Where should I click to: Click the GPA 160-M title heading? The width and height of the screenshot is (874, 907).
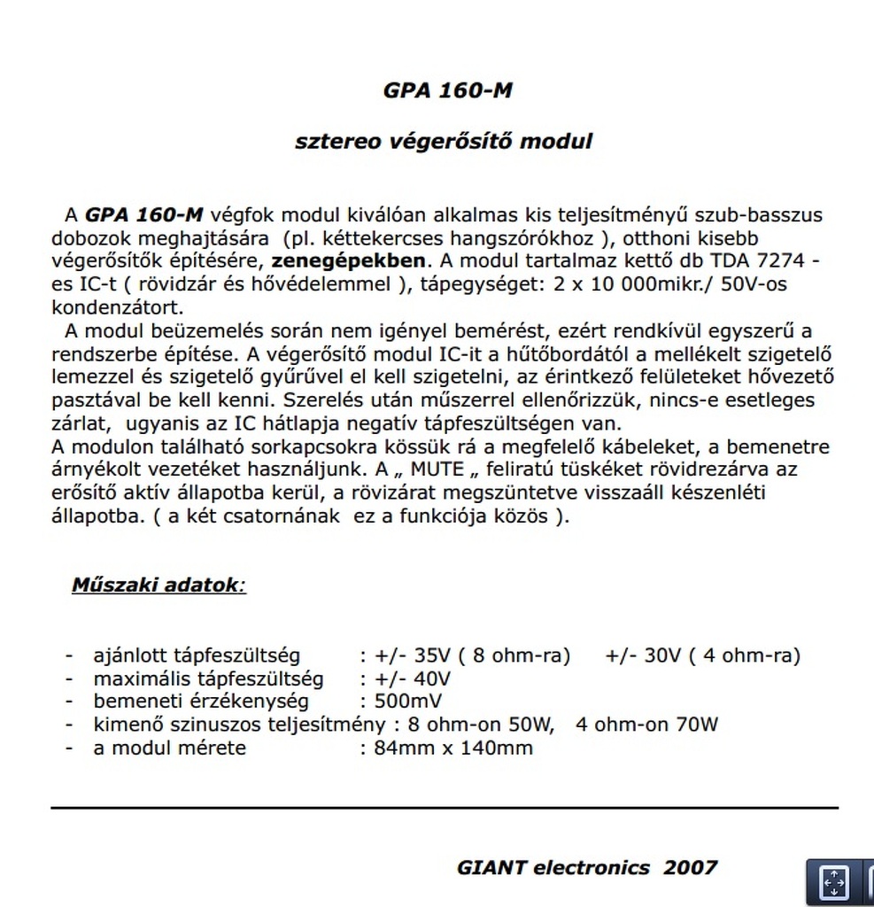(x=448, y=91)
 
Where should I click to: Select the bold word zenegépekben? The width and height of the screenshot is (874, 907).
(x=348, y=262)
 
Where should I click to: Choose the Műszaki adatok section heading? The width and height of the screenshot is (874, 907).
(x=157, y=585)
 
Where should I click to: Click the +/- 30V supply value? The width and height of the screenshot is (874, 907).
(x=645, y=656)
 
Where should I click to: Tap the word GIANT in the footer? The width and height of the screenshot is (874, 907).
(x=491, y=868)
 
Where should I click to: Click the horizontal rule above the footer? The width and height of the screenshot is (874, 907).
(x=444, y=808)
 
